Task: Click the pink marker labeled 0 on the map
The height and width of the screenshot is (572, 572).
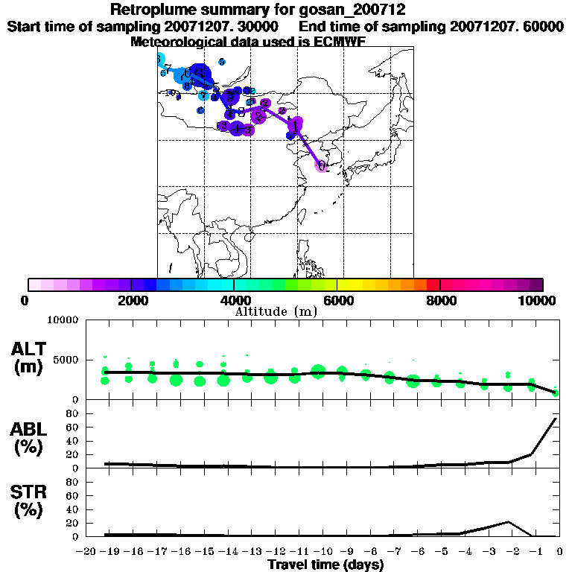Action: pos(322,166)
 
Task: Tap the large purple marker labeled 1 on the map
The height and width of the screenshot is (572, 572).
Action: pos(296,126)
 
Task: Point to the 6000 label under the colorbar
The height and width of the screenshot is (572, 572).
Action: pos(337,300)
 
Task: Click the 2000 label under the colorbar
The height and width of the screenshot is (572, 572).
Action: pos(131,300)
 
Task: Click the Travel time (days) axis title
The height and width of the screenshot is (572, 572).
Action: pos(325,565)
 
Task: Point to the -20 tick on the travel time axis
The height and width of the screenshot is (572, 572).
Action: pos(86,551)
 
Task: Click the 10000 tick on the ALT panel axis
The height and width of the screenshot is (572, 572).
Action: pos(63,320)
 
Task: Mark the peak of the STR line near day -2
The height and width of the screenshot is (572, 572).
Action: pos(508,522)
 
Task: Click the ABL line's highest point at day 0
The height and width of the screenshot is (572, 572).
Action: pos(556,419)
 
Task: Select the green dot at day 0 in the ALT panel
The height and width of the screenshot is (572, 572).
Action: pos(556,393)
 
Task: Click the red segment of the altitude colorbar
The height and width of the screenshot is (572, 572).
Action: pos(433,285)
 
